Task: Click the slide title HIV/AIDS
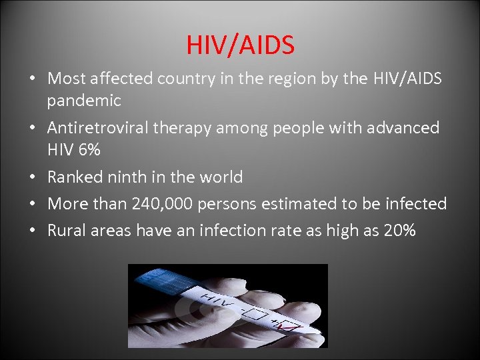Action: [240, 45]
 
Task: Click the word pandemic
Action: [84, 101]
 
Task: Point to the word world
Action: [220, 177]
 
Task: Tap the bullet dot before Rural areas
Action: [33, 231]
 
